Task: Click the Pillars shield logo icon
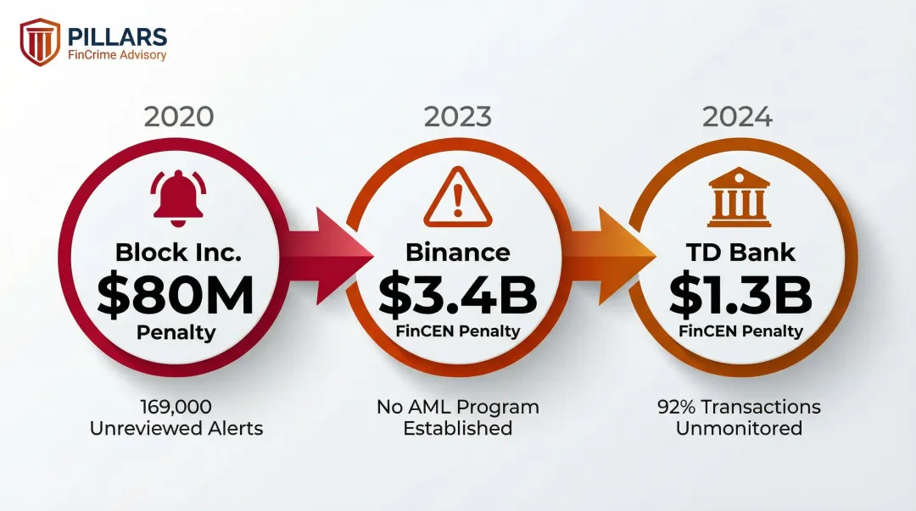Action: (x=40, y=42)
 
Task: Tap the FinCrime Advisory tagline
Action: (x=117, y=56)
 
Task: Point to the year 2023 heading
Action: (x=458, y=117)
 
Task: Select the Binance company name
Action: (x=458, y=252)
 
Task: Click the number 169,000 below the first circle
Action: (x=176, y=408)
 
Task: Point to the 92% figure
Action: (x=677, y=408)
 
